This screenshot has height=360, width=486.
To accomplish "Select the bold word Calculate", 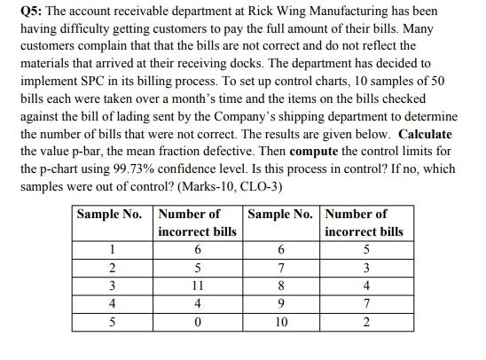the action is pos(426,134).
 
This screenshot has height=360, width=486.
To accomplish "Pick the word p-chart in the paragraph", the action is pos(67,168).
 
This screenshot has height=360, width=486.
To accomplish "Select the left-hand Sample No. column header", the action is pos(109,214).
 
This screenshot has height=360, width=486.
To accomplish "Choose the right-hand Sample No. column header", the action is pos(281,214).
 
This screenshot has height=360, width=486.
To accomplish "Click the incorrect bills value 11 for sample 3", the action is pos(196,286).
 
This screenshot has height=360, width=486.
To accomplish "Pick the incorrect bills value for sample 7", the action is pos(365,268).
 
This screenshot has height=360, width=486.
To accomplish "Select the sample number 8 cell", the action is pos(281,286).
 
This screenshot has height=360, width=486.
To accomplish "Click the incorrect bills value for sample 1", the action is pos(196,249).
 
